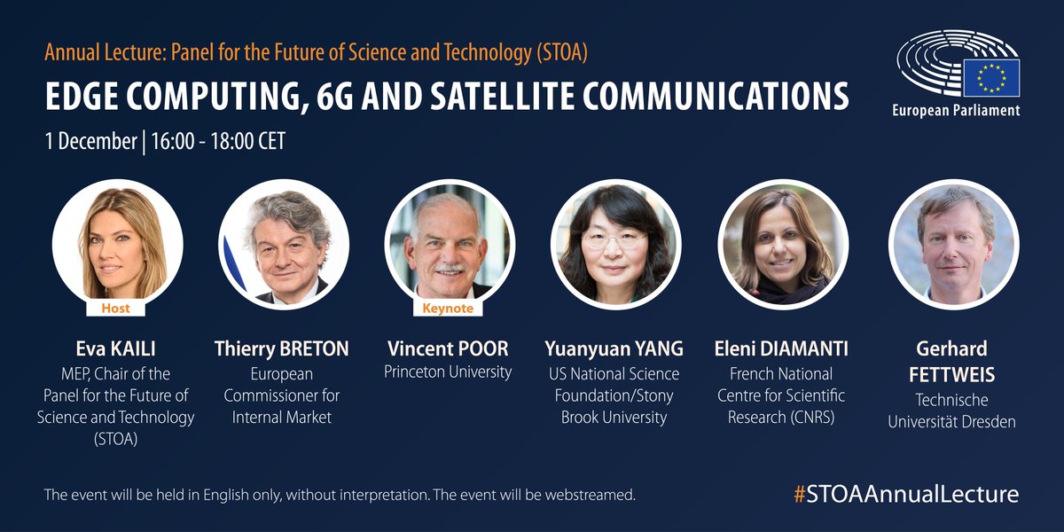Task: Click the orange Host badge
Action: pos(116,308)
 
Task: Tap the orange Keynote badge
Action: pos(448,308)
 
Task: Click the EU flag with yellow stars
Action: pos(992,77)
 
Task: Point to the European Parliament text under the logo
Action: pos(956,111)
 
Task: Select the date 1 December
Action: pos(90,141)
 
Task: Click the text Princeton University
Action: pos(448,372)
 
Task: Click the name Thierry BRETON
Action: pos(282,348)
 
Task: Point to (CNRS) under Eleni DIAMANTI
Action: pos(815,417)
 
